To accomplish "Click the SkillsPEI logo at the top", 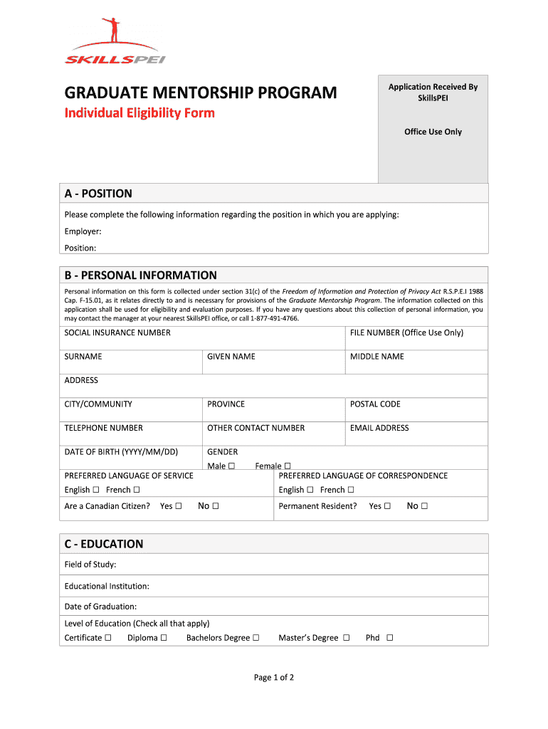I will (115, 42).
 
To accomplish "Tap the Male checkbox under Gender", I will (231, 466).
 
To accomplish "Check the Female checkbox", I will (288, 466).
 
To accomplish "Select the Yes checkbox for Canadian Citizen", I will (179, 506).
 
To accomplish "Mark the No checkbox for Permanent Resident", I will (424, 506).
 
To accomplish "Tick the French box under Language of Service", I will (136, 490).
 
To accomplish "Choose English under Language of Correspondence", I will (310, 490).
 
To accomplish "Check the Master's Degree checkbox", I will (346, 638).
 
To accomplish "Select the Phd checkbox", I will (389, 638).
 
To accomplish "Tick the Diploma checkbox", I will (164, 638).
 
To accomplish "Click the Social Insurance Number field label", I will (117, 332).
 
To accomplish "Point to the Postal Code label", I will (375, 404).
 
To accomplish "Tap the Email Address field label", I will (379, 428).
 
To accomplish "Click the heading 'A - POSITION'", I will (98, 194).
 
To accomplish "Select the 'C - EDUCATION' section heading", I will (104, 544).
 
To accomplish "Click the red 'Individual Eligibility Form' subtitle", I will (139, 113).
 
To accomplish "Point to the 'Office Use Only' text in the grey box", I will (433, 132).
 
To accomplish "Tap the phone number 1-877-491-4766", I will (275, 318).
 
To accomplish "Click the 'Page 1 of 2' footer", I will (274, 678).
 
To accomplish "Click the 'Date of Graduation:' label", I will (100, 607).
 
